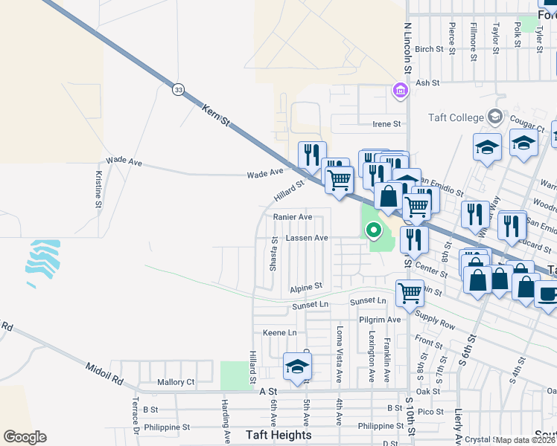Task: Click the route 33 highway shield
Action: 177,89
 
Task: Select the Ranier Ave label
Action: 293,217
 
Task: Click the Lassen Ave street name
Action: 307,238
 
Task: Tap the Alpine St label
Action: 306,286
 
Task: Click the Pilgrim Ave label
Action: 380,320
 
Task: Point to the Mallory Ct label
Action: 176,382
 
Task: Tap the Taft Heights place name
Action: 278,435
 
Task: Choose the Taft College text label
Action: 455,117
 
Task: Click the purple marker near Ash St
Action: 400,91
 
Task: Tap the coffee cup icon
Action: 547,293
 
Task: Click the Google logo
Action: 25,436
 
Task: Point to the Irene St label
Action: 387,124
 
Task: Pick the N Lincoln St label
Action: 407,47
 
